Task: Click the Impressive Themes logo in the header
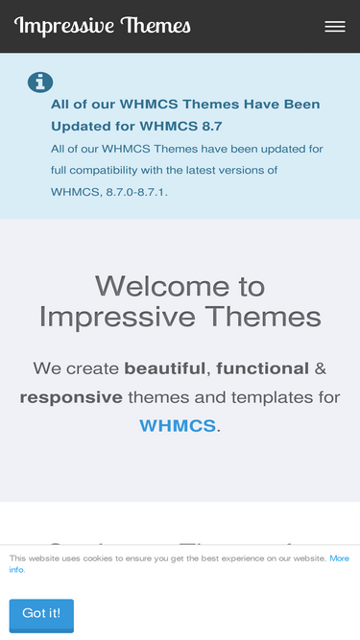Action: tap(102, 26)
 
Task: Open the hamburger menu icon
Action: tap(335, 27)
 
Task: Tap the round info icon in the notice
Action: tap(40, 83)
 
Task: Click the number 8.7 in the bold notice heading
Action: tap(209, 126)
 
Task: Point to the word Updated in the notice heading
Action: tap(82, 126)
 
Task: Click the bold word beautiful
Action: tap(165, 367)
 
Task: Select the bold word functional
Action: tap(263, 367)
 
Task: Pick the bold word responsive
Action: tap(71, 396)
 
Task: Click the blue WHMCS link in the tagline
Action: tap(178, 425)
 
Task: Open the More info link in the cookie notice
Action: tap(339, 558)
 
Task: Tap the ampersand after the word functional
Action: tap(321, 367)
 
